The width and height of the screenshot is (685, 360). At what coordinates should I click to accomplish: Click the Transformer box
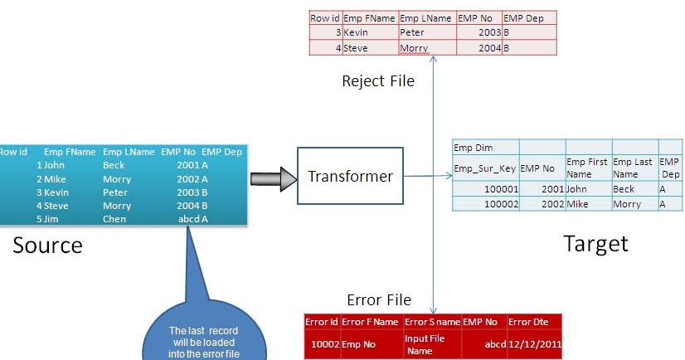click(x=350, y=176)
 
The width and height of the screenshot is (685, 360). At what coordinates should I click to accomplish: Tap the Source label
click(x=47, y=245)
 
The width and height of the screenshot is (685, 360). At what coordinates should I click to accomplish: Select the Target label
click(x=595, y=243)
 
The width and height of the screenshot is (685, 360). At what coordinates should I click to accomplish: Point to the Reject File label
click(x=377, y=80)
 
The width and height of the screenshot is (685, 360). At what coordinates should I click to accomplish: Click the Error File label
click(x=378, y=299)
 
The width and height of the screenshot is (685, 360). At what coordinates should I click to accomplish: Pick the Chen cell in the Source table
click(x=114, y=219)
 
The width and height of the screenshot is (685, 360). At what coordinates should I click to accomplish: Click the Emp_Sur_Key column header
click(x=484, y=168)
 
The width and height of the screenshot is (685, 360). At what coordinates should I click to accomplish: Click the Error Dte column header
click(x=532, y=322)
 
